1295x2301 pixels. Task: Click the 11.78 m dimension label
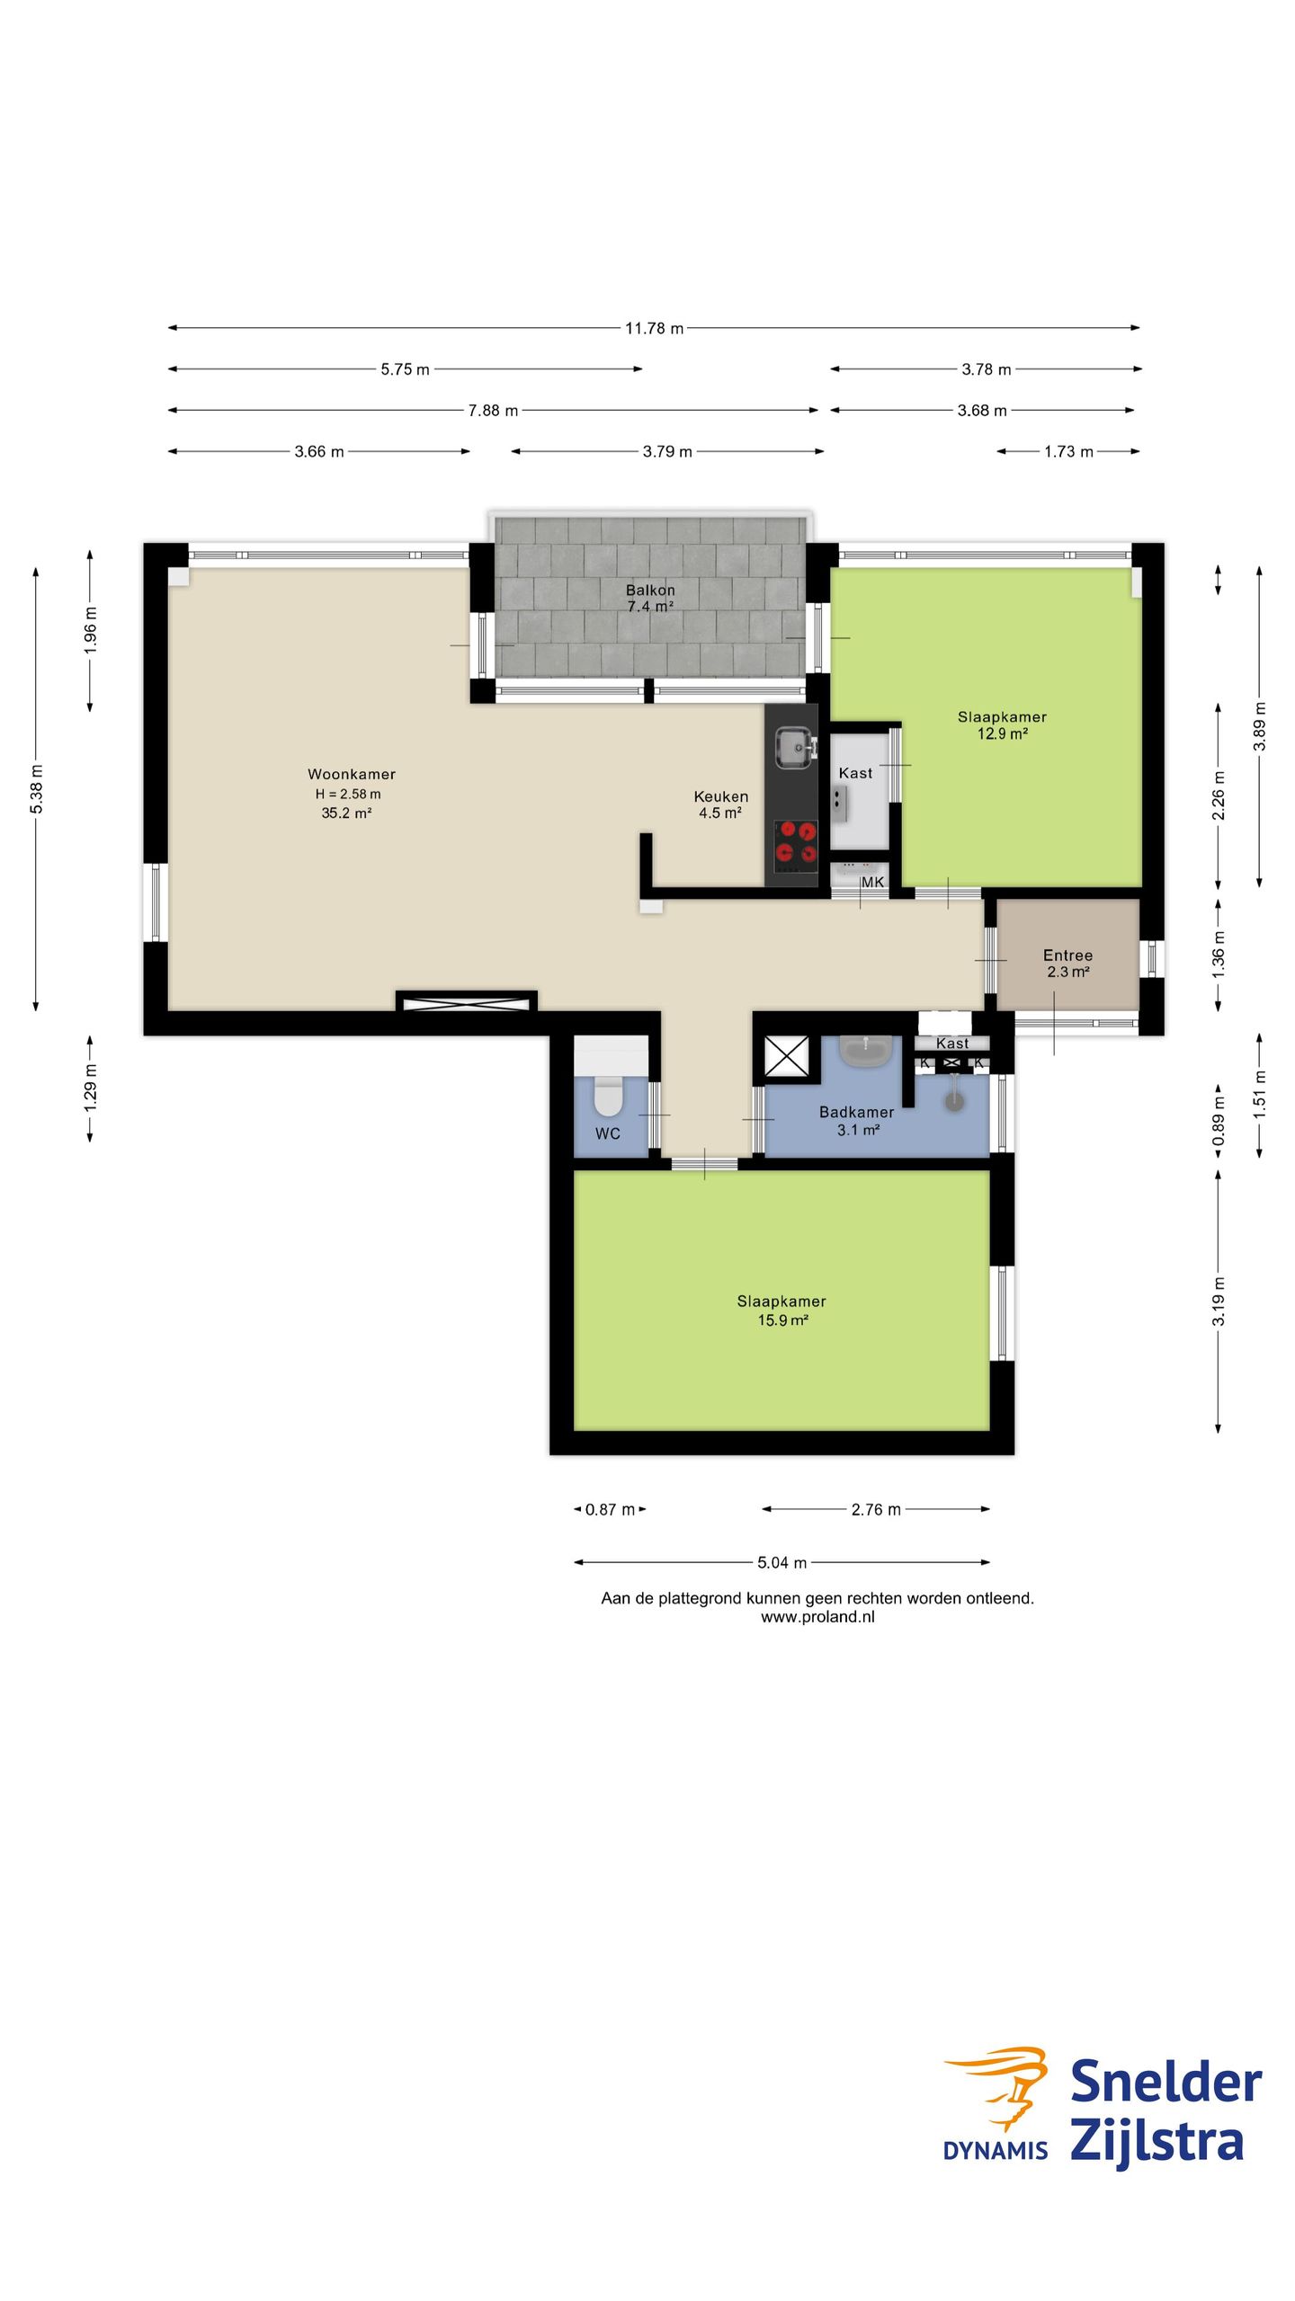[654, 328]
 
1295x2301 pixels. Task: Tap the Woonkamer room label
[352, 774]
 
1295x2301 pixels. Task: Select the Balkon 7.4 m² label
[650, 598]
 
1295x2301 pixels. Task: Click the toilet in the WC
[609, 1095]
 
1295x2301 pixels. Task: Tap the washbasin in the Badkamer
[865, 1050]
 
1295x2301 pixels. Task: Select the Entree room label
[1067, 955]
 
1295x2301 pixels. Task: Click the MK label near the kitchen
[872, 883]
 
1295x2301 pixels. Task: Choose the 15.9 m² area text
[782, 1320]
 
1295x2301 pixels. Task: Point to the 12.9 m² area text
[1003, 733]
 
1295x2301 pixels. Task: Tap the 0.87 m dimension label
[610, 1509]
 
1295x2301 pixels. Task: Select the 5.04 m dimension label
[781, 1562]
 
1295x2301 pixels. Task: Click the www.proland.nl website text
[817, 1617]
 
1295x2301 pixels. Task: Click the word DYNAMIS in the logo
[996, 2151]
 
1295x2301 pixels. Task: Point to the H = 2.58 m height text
[348, 794]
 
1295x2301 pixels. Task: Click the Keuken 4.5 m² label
[720, 804]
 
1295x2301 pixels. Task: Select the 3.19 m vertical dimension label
[1219, 1301]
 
